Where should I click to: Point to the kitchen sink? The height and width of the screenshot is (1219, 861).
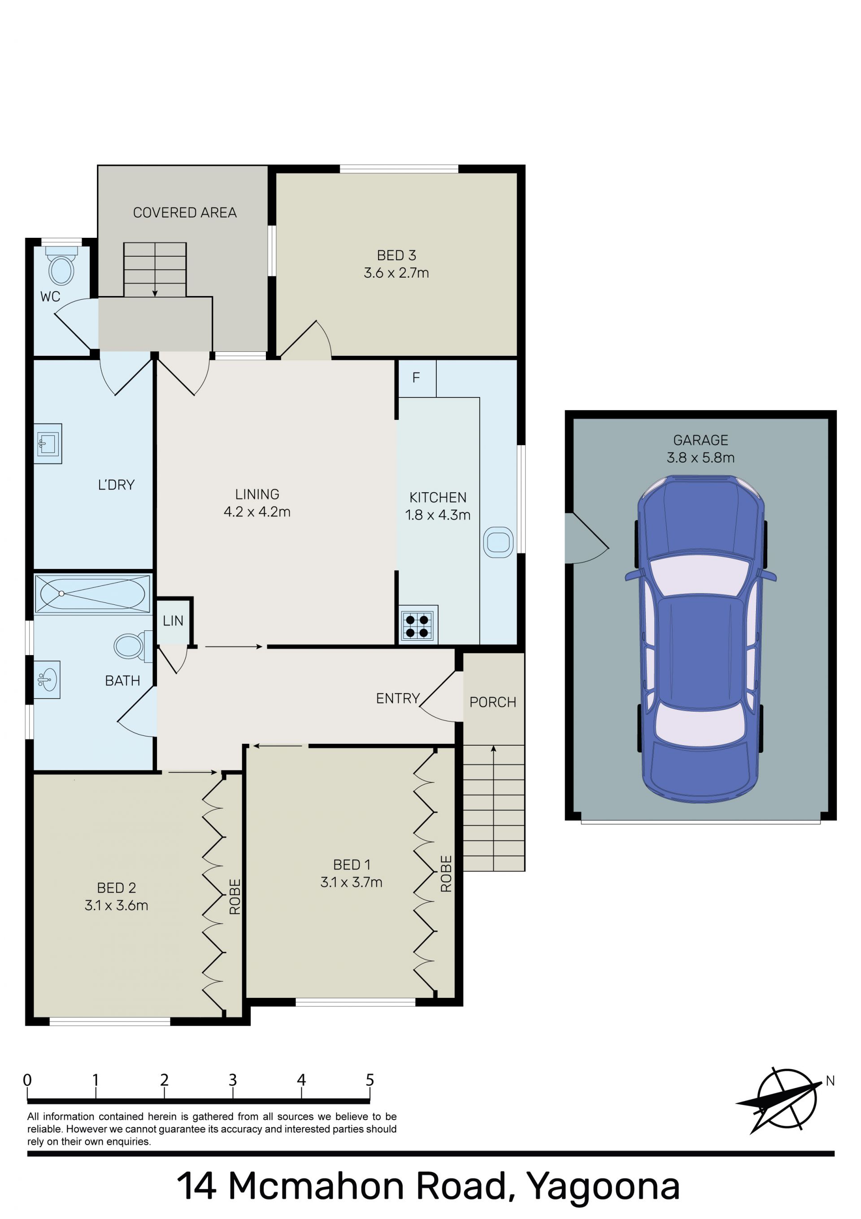point(498,542)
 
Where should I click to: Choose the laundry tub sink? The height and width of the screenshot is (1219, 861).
point(48,443)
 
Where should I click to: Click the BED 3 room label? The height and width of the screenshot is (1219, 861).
point(396,255)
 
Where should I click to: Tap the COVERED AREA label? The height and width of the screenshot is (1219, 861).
point(185,212)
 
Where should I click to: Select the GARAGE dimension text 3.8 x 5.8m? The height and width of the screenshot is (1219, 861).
point(701,457)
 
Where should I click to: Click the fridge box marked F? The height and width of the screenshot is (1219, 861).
point(417,379)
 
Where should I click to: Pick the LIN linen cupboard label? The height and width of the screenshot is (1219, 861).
point(173,620)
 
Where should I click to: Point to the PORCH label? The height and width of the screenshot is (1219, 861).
point(492,702)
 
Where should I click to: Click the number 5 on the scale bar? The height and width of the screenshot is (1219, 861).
point(370,1080)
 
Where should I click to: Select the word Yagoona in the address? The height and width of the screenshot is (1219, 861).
point(603,1187)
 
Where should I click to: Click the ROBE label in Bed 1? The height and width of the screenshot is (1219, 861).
point(446,874)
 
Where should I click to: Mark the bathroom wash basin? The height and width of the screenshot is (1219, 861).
point(47,679)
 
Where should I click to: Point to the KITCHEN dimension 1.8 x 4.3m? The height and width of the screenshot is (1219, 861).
point(438,515)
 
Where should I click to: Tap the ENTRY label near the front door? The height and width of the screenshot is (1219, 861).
point(398,698)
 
